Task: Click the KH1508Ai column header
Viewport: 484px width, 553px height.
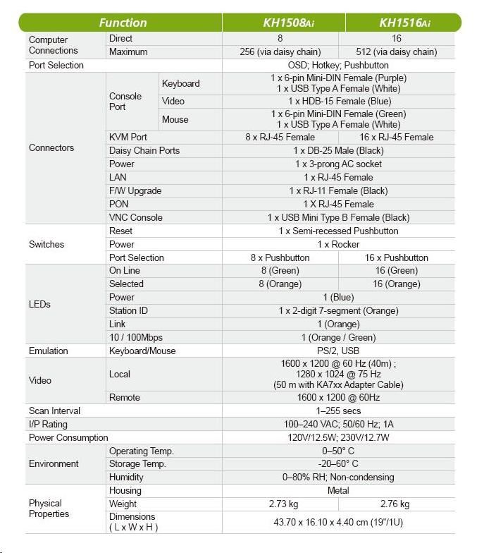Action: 284,23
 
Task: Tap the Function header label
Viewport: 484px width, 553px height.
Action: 123,23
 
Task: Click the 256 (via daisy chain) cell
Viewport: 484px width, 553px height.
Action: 280,51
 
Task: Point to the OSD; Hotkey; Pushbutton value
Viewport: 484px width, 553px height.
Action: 339,65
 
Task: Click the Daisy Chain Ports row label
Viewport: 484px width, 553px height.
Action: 144,150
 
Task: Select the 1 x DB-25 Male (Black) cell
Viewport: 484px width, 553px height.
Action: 339,150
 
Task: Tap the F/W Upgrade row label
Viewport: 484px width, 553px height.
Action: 135,190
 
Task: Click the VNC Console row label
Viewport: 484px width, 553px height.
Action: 135,217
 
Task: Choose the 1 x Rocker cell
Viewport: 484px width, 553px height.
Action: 338,244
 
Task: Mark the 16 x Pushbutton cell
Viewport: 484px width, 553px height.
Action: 397,257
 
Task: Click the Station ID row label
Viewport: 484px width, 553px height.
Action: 128,310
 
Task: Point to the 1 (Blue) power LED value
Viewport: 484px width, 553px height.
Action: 338,297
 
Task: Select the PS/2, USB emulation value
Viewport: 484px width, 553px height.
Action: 338,351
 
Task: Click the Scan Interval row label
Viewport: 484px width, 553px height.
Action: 54,411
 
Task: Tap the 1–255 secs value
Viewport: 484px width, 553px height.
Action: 338,411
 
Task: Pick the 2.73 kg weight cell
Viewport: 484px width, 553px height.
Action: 283,504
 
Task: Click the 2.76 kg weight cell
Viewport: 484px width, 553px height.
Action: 395,504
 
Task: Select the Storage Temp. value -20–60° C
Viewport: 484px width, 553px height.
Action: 338,463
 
